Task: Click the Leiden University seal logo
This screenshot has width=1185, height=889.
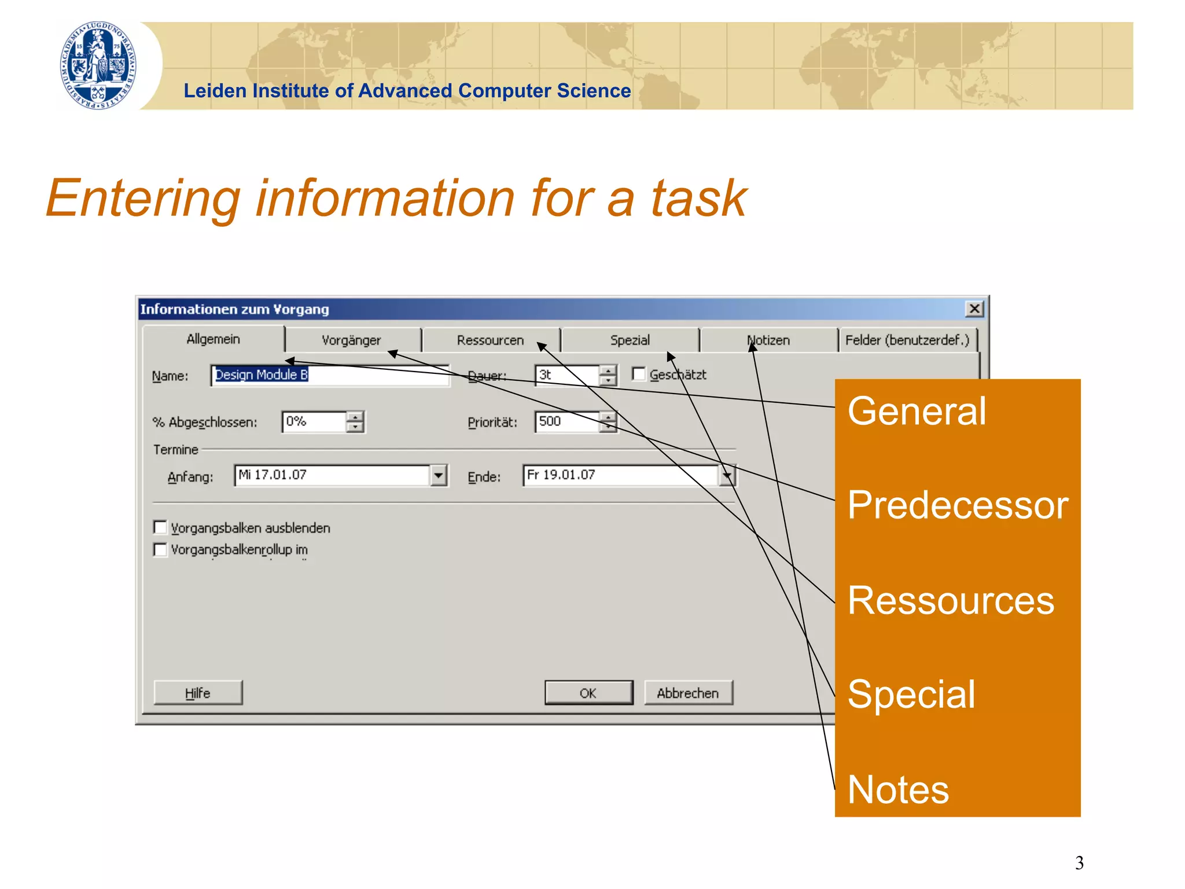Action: point(98,65)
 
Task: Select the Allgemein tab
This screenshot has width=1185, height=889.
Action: point(213,339)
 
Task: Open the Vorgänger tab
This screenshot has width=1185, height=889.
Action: point(351,340)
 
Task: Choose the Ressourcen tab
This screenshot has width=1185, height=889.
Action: point(490,340)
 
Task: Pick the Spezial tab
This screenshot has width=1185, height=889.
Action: point(630,340)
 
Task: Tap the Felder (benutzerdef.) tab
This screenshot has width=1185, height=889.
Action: point(907,340)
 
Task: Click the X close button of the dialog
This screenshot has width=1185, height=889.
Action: point(974,309)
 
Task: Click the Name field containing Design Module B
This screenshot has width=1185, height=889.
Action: point(330,375)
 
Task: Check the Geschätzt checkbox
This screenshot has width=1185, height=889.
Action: point(639,374)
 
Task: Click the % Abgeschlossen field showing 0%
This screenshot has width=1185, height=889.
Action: point(315,422)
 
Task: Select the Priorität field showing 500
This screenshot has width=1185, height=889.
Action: point(567,422)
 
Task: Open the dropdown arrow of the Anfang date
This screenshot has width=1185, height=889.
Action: point(439,476)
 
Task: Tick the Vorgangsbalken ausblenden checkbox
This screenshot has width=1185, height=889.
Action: point(160,527)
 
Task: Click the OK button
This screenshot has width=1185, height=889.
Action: point(588,693)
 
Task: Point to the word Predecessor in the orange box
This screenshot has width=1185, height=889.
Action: point(958,505)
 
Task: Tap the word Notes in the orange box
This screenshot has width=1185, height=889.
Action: point(898,790)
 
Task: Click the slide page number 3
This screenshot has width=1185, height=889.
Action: point(1079,863)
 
